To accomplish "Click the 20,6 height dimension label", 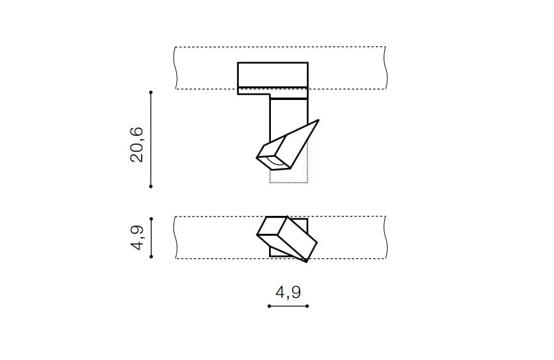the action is click(137, 145).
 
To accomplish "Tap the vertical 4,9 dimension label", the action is click(137, 238).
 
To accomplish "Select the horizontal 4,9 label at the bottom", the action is click(288, 292).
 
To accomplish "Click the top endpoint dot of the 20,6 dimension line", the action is click(151, 92).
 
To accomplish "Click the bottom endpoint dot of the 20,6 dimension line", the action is click(151, 186).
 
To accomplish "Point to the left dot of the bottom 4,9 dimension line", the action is click(269, 306).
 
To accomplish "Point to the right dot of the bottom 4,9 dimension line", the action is click(307, 306).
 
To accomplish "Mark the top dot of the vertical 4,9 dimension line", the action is click(151, 218).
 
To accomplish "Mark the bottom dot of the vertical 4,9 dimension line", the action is click(151, 256).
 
